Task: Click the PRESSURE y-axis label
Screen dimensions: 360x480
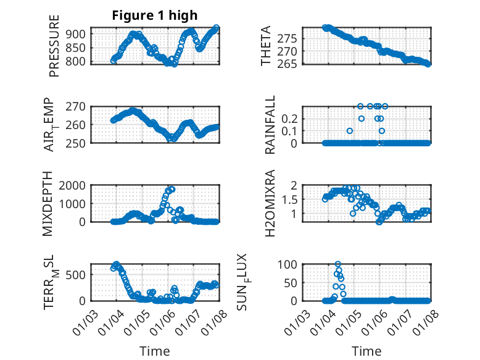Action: (54, 47)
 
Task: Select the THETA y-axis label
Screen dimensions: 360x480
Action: (266, 46)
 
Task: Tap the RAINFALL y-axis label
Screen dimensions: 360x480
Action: (270, 125)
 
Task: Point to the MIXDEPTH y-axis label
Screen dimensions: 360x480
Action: (49, 203)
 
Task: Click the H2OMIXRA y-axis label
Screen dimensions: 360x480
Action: (270, 203)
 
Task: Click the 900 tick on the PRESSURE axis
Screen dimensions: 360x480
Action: (80, 34)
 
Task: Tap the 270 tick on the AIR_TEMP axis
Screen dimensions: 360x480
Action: (80, 106)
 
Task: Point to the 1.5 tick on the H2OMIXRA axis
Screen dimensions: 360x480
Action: (292, 199)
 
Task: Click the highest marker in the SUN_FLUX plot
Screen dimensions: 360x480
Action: (337, 264)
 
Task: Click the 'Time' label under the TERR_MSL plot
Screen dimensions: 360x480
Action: (154, 351)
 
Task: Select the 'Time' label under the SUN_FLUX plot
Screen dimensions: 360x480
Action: (366, 351)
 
